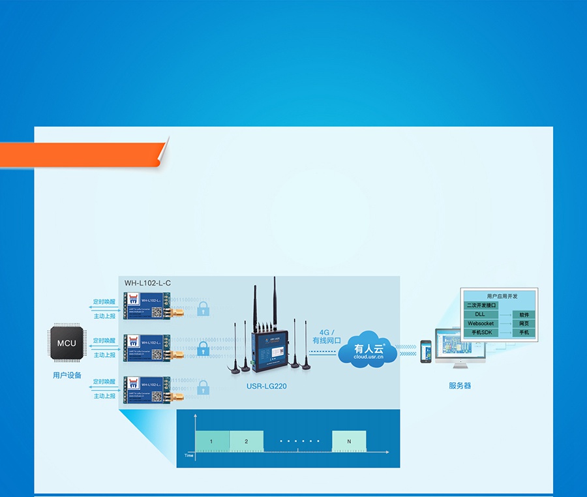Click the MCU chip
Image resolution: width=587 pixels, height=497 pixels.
[x=67, y=343]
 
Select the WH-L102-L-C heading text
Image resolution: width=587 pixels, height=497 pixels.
[x=148, y=283]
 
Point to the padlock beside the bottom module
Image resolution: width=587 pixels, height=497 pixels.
[x=203, y=389]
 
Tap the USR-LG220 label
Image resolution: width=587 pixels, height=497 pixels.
[x=266, y=386]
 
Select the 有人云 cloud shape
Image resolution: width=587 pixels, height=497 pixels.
[x=367, y=351]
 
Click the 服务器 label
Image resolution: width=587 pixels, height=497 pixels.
[x=459, y=385]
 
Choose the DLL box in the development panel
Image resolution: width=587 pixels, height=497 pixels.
[x=480, y=314]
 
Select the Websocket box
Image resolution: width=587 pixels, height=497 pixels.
[x=481, y=324]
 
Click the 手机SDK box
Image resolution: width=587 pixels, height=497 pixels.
[x=481, y=333]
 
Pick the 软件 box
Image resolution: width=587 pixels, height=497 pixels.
[x=524, y=314]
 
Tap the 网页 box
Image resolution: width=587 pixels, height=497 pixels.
[x=524, y=324]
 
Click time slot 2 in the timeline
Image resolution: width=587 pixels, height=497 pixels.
[x=247, y=442]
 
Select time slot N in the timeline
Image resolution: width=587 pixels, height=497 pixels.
[x=349, y=442]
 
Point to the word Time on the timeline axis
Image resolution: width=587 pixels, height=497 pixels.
[x=189, y=456]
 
